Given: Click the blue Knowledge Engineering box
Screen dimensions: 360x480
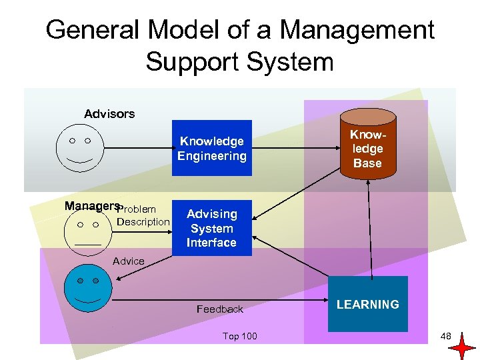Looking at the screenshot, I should click(x=212, y=148).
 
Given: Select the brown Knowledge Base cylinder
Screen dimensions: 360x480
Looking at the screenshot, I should click(x=367, y=149).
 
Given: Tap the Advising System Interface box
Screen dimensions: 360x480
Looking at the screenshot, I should click(x=211, y=228).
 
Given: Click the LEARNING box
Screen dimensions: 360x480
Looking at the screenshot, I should click(x=367, y=304).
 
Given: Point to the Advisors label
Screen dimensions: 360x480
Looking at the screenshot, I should click(x=109, y=114).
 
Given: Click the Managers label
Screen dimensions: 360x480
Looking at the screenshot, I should click(x=92, y=206).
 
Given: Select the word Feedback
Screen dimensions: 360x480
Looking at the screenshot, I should click(x=220, y=309).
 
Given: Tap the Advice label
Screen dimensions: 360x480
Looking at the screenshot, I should click(x=129, y=261).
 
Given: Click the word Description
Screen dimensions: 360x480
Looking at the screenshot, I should click(x=143, y=221).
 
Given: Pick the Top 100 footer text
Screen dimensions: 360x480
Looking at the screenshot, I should click(x=239, y=336).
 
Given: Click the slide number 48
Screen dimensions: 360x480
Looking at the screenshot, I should click(x=446, y=336).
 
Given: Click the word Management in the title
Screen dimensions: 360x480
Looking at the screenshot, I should click(x=357, y=30).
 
